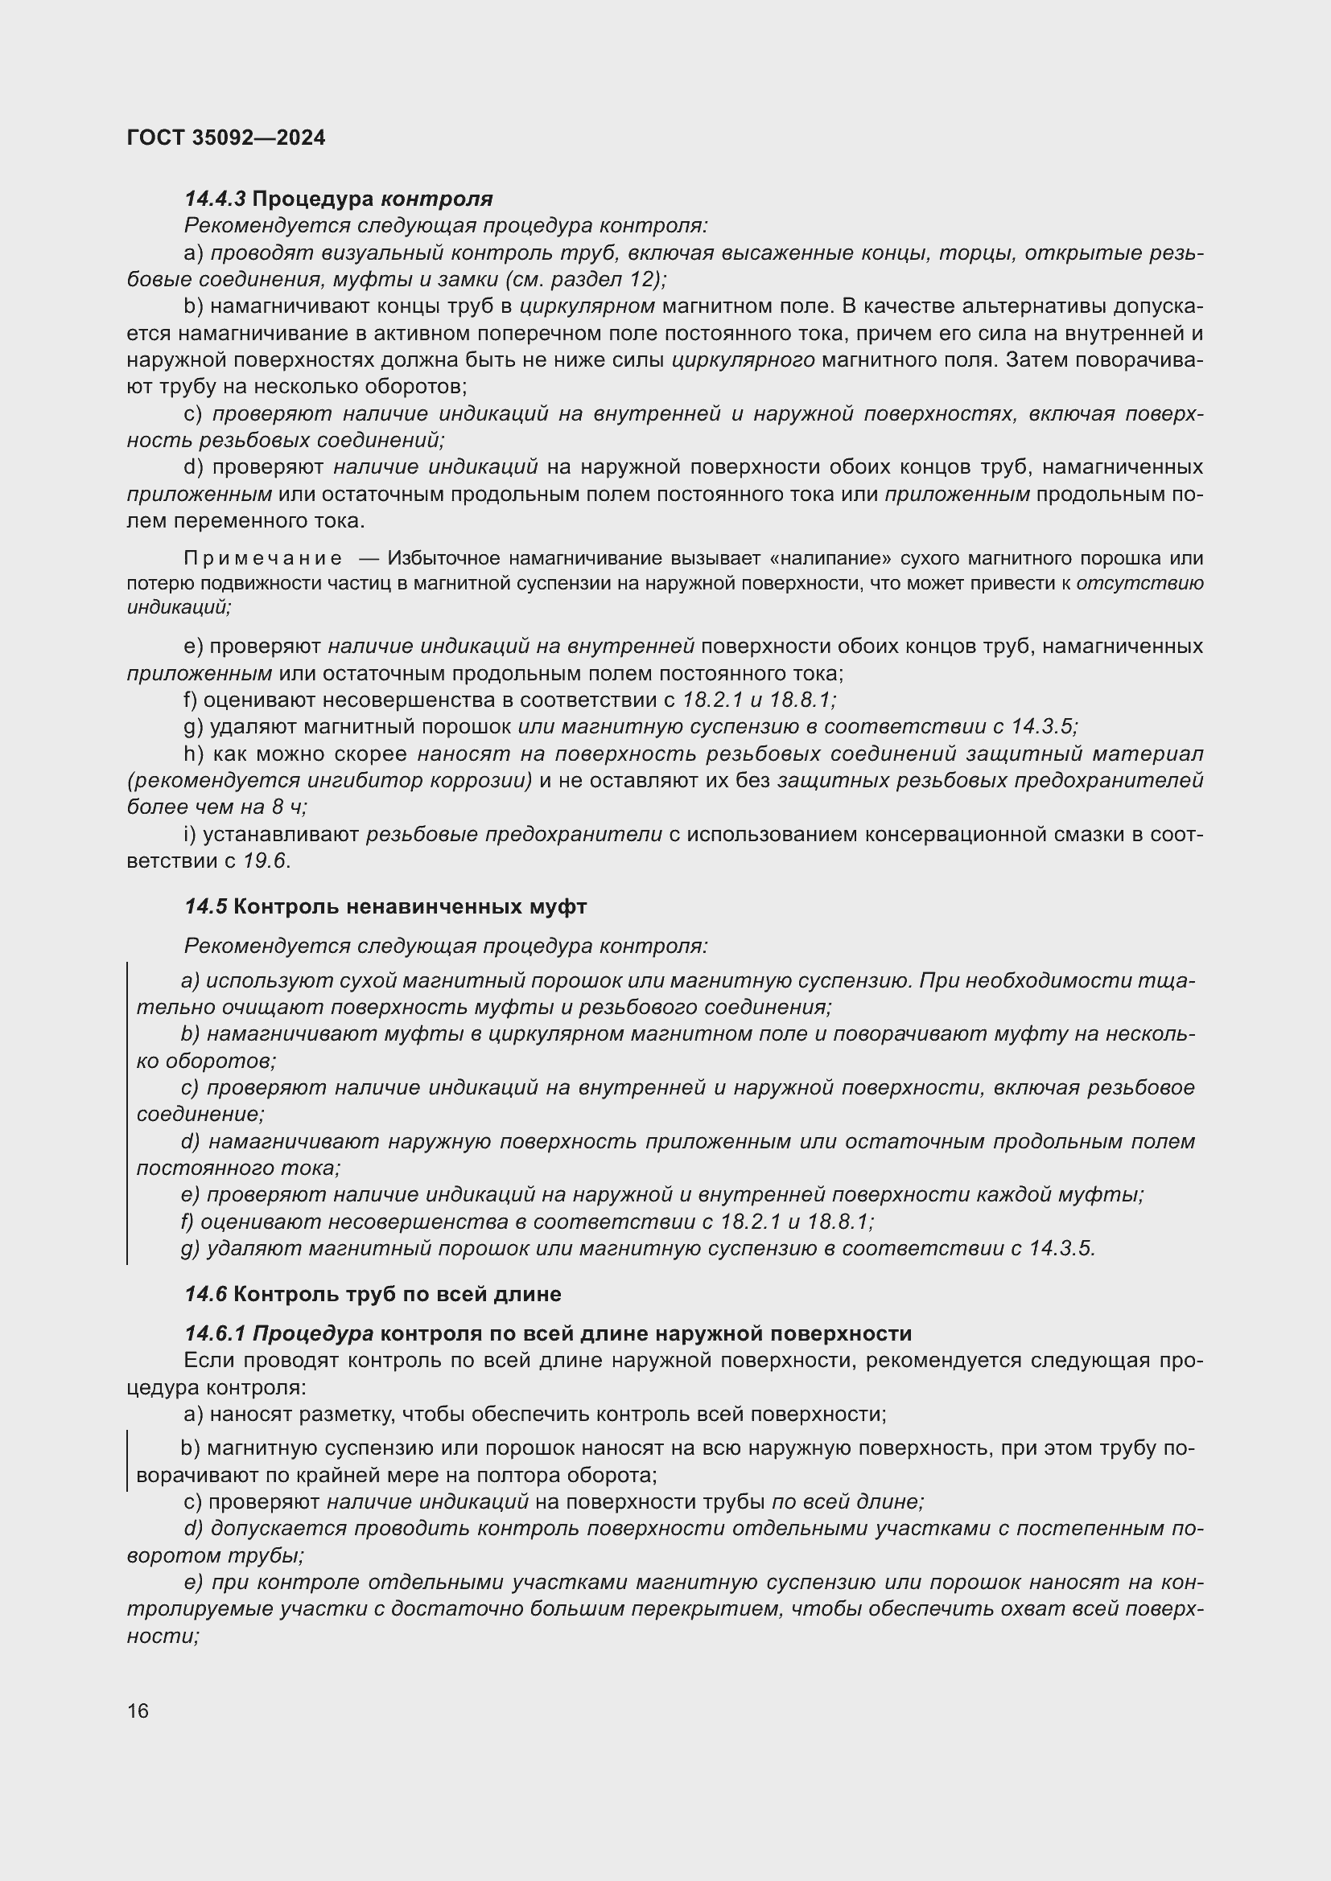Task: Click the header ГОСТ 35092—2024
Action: [226, 138]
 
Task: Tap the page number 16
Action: [138, 1711]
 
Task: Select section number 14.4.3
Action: [215, 199]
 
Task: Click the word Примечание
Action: [263, 559]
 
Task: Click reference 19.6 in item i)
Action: [266, 861]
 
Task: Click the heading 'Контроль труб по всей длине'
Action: [398, 1295]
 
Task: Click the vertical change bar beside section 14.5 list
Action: [127, 1113]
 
